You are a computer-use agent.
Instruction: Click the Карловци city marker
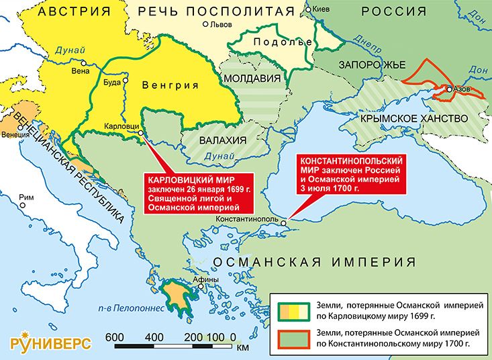[141, 133]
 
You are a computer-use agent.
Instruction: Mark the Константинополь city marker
[284, 223]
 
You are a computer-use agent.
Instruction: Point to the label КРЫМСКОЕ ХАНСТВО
[413, 118]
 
